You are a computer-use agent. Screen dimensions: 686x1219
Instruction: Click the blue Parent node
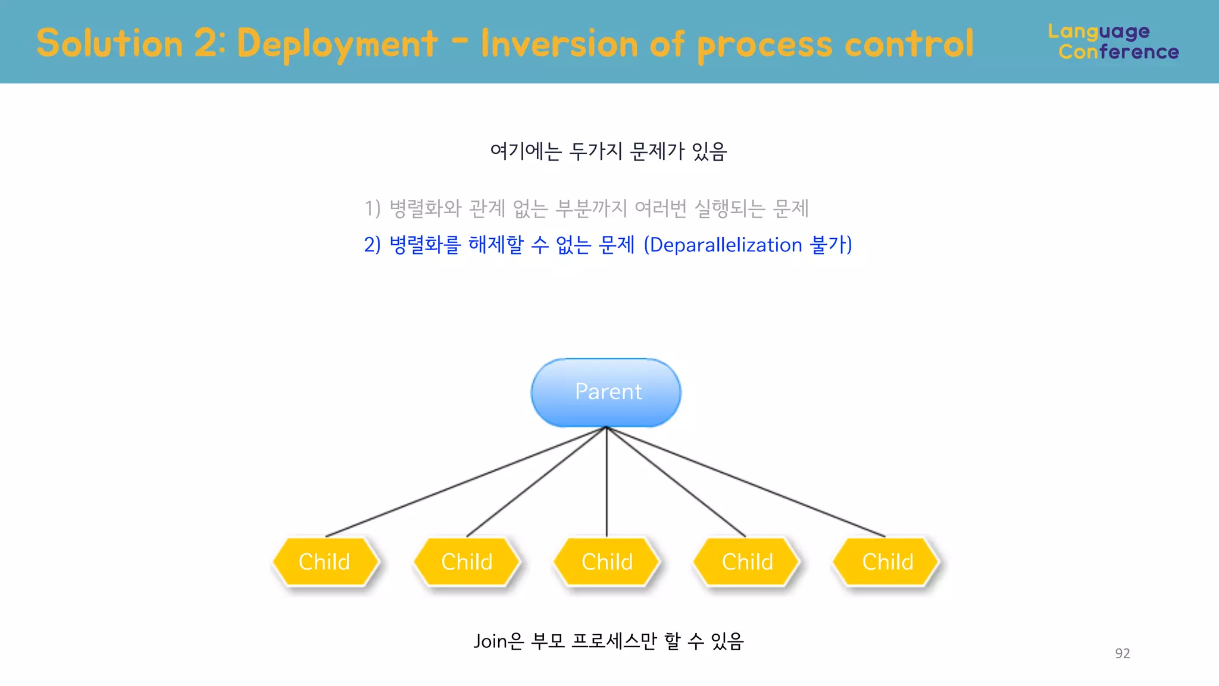pyautogui.click(x=606, y=392)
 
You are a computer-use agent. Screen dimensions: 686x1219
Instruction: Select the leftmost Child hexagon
pyautogui.click(x=325, y=562)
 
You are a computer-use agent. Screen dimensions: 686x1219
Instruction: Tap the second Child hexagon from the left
pyautogui.click(x=467, y=562)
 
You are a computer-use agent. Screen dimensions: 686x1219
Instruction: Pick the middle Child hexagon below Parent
pyautogui.click(x=607, y=562)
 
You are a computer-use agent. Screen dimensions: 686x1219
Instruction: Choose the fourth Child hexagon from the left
pyautogui.click(x=747, y=562)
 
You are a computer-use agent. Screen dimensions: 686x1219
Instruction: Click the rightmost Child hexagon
pyautogui.click(x=887, y=562)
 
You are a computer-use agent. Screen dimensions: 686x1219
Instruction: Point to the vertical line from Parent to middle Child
pyautogui.click(x=607, y=482)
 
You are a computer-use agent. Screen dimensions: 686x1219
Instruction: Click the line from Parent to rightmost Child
pyautogui.click(x=746, y=482)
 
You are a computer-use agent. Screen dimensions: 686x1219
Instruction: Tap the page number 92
pyautogui.click(x=1122, y=653)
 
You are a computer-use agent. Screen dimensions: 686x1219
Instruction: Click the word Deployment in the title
pyautogui.click(x=337, y=44)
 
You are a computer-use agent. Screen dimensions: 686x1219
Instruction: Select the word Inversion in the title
pyautogui.click(x=559, y=44)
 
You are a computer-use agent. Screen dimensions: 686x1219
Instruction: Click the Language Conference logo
pyautogui.click(x=1113, y=42)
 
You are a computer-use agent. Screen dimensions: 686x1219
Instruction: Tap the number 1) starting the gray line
pyautogui.click(x=372, y=208)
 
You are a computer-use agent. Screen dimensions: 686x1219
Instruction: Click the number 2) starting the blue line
pyautogui.click(x=372, y=245)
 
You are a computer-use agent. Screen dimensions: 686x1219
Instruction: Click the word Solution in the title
pyautogui.click(x=110, y=44)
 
